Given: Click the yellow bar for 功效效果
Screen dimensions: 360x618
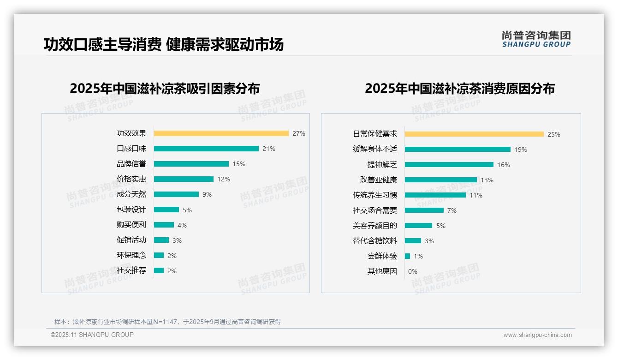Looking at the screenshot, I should click(x=221, y=133).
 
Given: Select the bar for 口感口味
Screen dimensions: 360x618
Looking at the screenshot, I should click(x=206, y=149).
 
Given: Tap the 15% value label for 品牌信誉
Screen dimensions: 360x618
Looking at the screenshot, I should click(x=239, y=164).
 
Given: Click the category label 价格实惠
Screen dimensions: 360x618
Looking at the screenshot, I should click(x=131, y=179).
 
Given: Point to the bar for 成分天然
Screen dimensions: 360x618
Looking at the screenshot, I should click(x=176, y=194).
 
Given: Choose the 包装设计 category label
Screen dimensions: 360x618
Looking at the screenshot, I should click(x=131, y=210).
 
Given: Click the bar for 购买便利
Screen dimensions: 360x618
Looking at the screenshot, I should click(x=164, y=225).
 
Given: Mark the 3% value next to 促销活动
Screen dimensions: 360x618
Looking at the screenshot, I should click(x=177, y=240).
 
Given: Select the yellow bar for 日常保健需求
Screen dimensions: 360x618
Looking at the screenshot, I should click(x=474, y=134).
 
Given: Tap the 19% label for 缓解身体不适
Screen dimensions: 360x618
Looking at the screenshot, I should click(x=521, y=150).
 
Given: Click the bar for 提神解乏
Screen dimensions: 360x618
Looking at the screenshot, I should click(x=449, y=165).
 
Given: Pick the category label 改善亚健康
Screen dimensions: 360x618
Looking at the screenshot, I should click(x=378, y=180).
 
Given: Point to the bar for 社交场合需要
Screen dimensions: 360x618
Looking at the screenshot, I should click(x=424, y=210).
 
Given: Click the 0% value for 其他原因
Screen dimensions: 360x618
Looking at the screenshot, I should click(x=412, y=271).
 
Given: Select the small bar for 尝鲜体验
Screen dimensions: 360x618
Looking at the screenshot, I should click(x=407, y=256).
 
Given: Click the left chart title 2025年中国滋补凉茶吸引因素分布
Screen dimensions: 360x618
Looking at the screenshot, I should click(x=165, y=88).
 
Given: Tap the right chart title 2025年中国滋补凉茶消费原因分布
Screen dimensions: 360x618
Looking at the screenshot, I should click(x=459, y=88).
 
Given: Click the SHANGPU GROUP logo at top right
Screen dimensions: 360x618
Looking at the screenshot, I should click(x=536, y=39).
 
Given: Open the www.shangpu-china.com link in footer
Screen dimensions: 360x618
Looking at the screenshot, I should click(x=537, y=335).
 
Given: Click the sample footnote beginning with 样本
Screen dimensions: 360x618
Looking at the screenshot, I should click(x=167, y=322).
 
